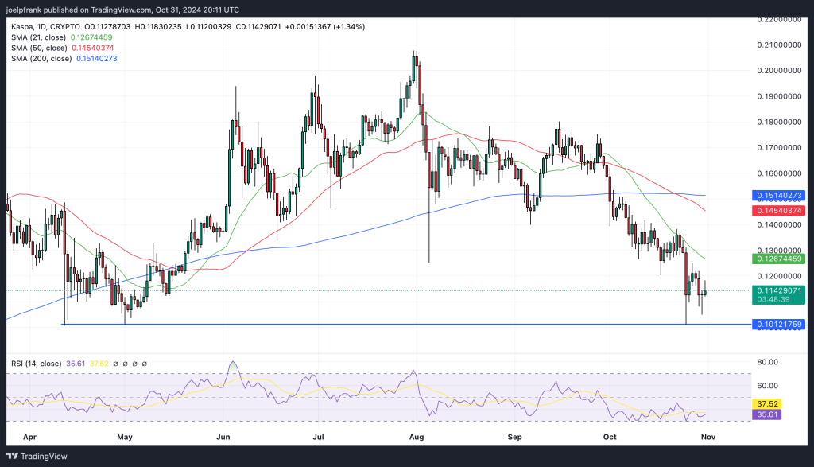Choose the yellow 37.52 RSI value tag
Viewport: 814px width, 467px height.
[769, 403]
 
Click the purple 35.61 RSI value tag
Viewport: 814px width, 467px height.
[769, 415]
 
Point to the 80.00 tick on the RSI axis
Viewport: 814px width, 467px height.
[767, 362]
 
